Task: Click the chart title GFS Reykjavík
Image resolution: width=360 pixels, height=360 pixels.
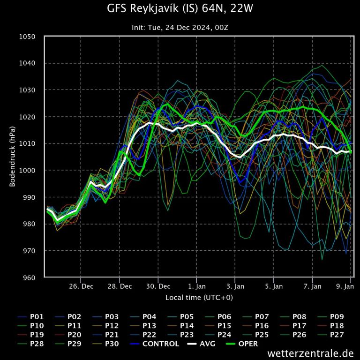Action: [x=180, y=9]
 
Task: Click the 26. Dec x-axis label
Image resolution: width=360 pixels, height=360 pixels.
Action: [x=81, y=285]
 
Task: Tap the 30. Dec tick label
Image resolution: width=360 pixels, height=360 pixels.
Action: [x=158, y=285]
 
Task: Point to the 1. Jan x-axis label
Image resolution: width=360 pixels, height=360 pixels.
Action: [x=197, y=285]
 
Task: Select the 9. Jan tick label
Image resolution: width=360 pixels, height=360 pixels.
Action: [x=345, y=285]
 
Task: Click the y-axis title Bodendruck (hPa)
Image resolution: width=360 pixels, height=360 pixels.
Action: [x=13, y=157]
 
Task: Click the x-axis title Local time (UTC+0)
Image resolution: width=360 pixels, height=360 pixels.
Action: [x=199, y=297]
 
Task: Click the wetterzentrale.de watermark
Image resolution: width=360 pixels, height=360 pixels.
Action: [x=310, y=352]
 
